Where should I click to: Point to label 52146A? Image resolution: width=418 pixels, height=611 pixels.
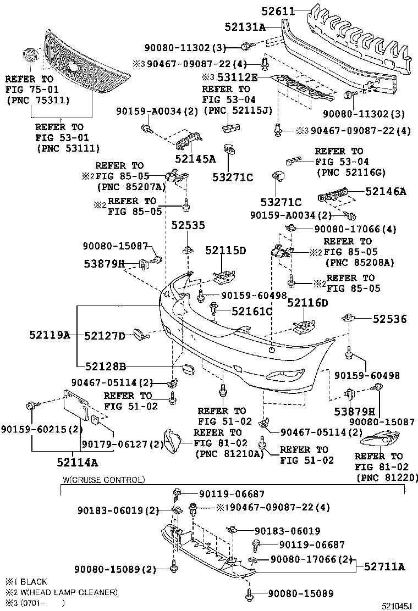386,191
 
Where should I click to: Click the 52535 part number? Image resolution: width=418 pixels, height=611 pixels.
188,225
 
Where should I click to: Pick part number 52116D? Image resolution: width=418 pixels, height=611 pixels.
307,303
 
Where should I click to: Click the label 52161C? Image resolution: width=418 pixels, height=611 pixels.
252,312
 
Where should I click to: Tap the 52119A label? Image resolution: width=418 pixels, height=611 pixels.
50,335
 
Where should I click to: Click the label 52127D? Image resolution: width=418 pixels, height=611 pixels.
105,335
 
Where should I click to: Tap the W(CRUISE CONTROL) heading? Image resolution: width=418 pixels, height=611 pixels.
104,480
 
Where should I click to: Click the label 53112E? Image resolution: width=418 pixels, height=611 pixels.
237,77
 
